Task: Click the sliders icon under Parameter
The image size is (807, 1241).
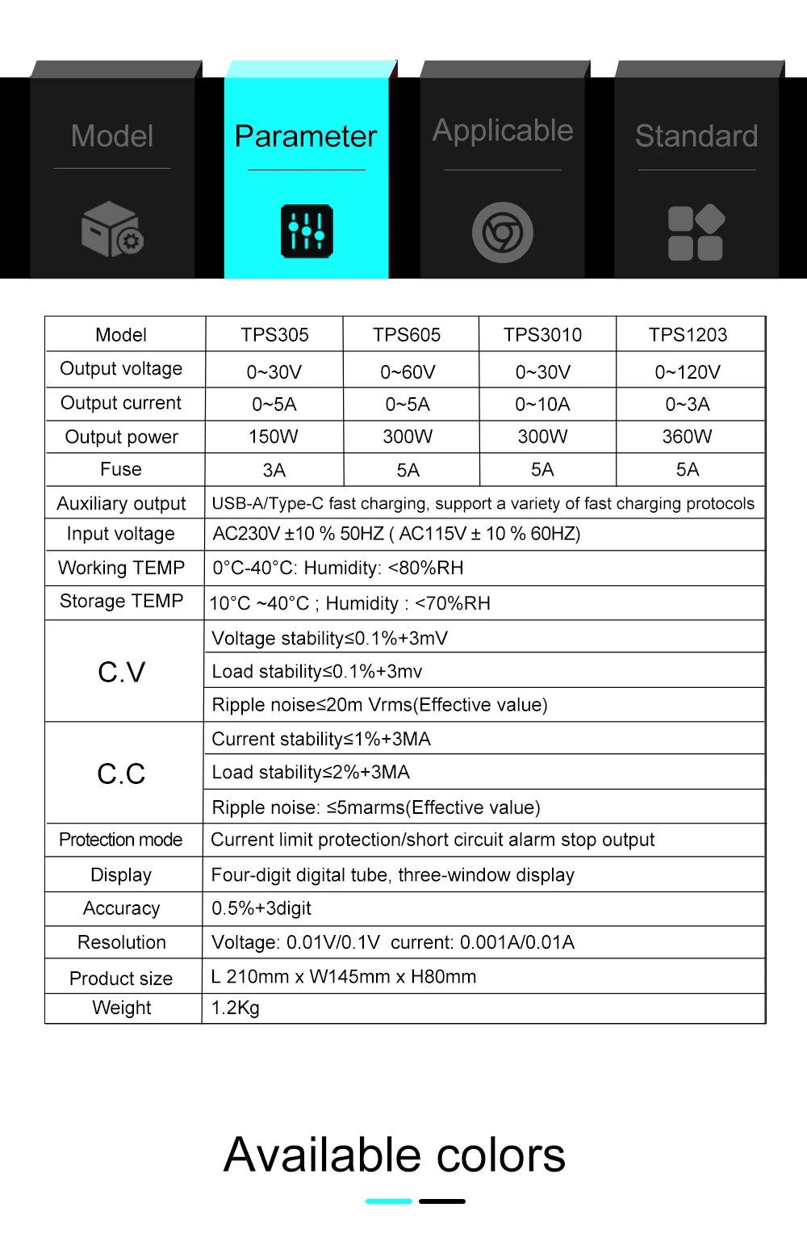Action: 307,232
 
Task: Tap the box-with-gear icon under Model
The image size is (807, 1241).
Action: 111,230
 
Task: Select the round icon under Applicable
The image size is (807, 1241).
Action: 502,233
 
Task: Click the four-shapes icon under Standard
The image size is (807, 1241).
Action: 696,233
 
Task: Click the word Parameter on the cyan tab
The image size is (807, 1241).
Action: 306,136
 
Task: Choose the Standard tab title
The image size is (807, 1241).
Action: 696,136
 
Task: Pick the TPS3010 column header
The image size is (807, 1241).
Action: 542,334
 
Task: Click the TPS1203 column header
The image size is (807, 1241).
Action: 688,334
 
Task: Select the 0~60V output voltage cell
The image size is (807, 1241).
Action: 408,372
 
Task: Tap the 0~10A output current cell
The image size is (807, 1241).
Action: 542,404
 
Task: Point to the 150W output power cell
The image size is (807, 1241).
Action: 273,437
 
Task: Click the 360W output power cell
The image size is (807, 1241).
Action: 687,437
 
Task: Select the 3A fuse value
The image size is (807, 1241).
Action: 274,470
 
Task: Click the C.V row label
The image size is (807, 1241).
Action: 121,672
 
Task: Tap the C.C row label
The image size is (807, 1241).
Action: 121,774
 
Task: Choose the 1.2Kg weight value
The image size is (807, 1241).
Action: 235,1008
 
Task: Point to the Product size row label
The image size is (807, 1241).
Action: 121,979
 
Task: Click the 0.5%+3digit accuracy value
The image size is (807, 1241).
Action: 261,908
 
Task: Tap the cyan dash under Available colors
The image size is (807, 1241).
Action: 389,1201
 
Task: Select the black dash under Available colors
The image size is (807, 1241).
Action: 442,1201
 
